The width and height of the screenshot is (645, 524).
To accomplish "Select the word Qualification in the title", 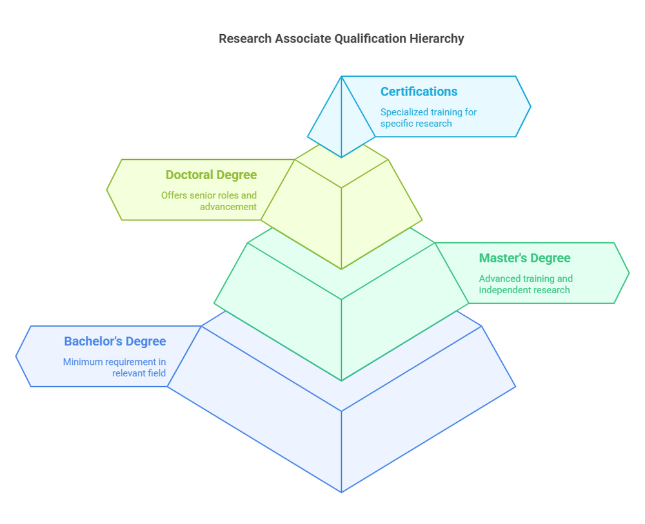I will click(370, 39).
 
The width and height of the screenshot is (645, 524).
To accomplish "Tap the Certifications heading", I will click(419, 92).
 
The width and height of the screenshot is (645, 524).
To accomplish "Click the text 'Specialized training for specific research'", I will click(428, 117).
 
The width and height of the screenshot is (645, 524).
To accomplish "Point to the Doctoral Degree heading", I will click(211, 175).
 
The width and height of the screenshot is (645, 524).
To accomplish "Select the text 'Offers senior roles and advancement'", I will click(209, 201).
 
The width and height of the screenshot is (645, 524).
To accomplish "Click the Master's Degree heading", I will click(524, 258).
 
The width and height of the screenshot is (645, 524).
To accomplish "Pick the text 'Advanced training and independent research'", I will click(525, 284).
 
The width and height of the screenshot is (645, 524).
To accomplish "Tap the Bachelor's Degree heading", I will click(115, 342).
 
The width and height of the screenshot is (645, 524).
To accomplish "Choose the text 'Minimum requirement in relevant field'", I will click(114, 367).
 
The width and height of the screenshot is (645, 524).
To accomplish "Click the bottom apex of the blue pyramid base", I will click(341, 491).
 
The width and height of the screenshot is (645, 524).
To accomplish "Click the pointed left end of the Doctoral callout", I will click(108, 189).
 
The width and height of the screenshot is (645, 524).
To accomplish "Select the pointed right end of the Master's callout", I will click(628, 273).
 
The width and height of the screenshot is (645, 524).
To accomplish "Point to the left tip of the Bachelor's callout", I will click(17, 356).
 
